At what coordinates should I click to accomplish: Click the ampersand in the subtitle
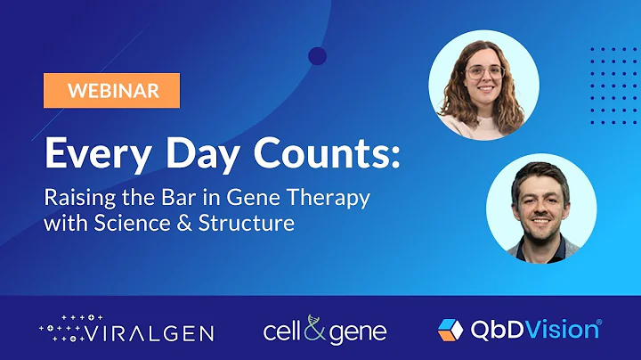click(183, 223)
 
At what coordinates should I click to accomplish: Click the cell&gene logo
click(325, 331)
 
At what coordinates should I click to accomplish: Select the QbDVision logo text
click(532, 330)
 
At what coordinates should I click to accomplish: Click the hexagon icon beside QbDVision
click(450, 330)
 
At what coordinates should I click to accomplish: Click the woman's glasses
click(485, 73)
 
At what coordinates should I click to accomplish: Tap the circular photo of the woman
click(483, 86)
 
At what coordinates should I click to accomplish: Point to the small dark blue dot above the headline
click(317, 56)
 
